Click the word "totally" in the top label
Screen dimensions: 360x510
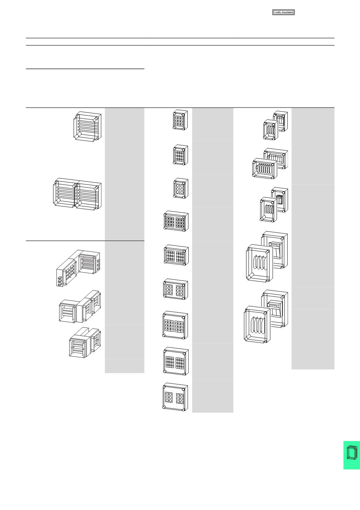[x=278, y=12]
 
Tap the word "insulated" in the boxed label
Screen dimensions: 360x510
[x=287, y=12]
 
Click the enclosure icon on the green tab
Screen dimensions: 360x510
[x=352, y=456]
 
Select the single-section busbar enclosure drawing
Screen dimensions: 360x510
[x=87, y=127]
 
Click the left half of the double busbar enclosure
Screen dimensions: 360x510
[x=65, y=194]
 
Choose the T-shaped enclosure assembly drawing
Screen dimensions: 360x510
[x=80, y=306]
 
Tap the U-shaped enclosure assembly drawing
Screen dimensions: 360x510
[x=85, y=342]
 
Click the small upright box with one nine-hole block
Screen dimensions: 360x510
[x=180, y=120]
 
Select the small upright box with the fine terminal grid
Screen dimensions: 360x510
[x=180, y=155]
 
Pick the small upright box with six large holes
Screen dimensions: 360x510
[x=181, y=188]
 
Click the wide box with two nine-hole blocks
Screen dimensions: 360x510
[x=176, y=221]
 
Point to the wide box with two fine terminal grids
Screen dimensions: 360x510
[x=176, y=255]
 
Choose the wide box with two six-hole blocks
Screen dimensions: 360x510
[x=175, y=289]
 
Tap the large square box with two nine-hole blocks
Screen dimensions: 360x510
[x=175, y=325]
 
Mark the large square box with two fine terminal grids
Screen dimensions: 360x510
[x=176, y=361]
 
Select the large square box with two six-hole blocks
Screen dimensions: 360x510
[x=175, y=397]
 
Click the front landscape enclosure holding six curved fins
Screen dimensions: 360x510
[x=265, y=169]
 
